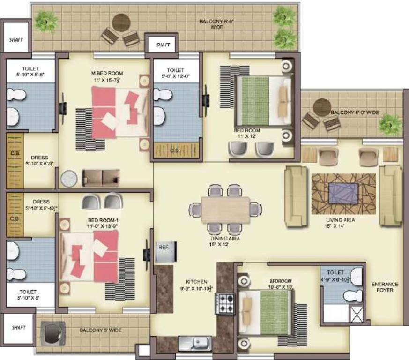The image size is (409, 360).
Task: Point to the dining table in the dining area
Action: coord(225,209)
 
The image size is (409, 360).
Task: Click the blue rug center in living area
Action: coord(343,192)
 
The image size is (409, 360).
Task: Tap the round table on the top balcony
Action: coord(121,22)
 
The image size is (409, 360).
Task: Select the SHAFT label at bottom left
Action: coord(15,327)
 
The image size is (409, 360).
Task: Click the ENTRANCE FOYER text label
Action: coord(385,287)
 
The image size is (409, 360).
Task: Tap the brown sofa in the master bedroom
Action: coord(101,178)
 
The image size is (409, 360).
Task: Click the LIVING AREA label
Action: coord(341,219)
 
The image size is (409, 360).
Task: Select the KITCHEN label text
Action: coord(196,282)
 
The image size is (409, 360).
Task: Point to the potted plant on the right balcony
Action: coord(390,124)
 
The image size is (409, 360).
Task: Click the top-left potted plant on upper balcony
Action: coord(46,21)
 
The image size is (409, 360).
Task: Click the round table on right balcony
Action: coord(322,106)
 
